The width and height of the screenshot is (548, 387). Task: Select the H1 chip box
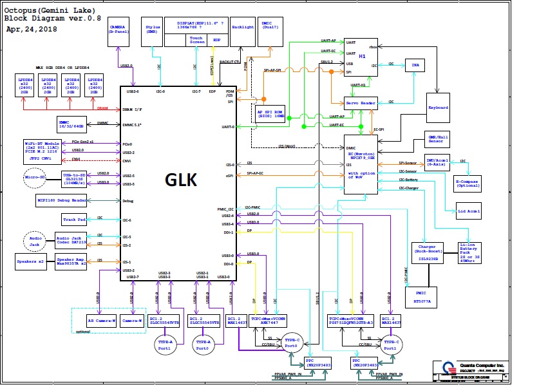click(360, 57)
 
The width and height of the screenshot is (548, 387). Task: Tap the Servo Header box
click(361, 102)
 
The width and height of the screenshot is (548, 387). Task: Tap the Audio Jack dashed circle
click(35, 241)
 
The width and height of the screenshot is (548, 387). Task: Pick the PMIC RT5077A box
click(422, 296)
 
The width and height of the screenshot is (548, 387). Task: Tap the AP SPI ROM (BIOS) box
click(270, 114)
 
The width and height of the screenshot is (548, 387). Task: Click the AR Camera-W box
click(101, 320)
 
